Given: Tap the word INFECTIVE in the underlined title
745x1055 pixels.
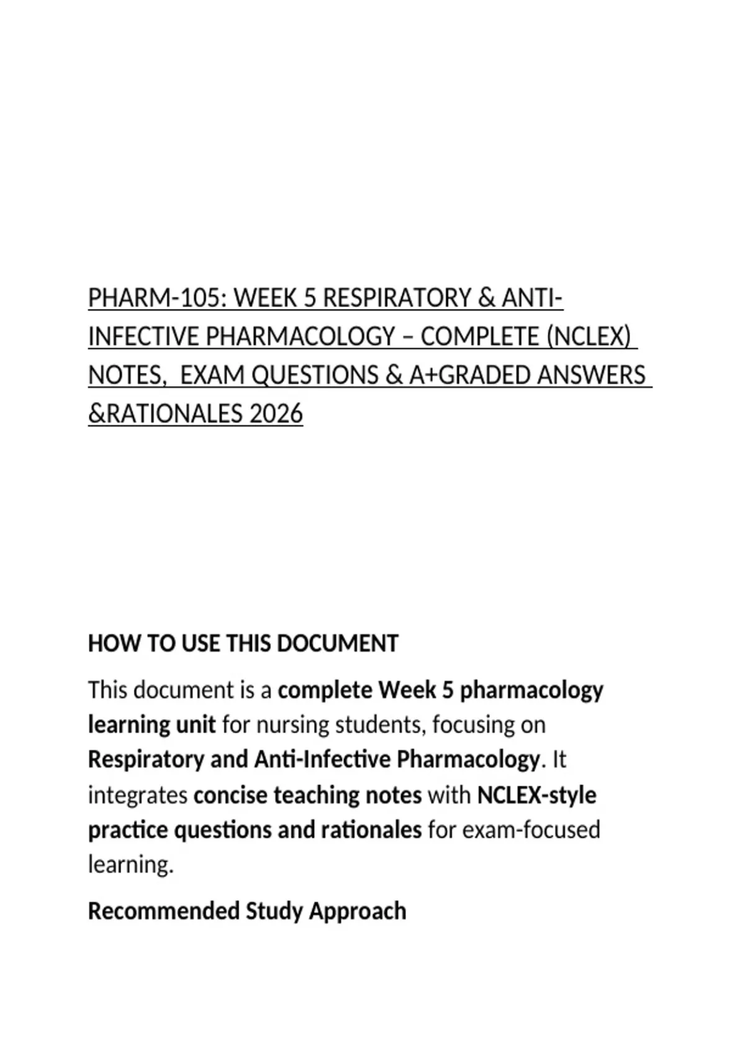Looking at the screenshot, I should (144, 336).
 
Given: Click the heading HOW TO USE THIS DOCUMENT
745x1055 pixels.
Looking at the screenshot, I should (243, 644).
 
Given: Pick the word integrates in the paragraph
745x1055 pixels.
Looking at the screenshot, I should (138, 795).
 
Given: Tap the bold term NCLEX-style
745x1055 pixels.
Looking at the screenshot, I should (536, 795).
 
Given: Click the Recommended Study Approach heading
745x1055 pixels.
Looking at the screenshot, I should (247, 911).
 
